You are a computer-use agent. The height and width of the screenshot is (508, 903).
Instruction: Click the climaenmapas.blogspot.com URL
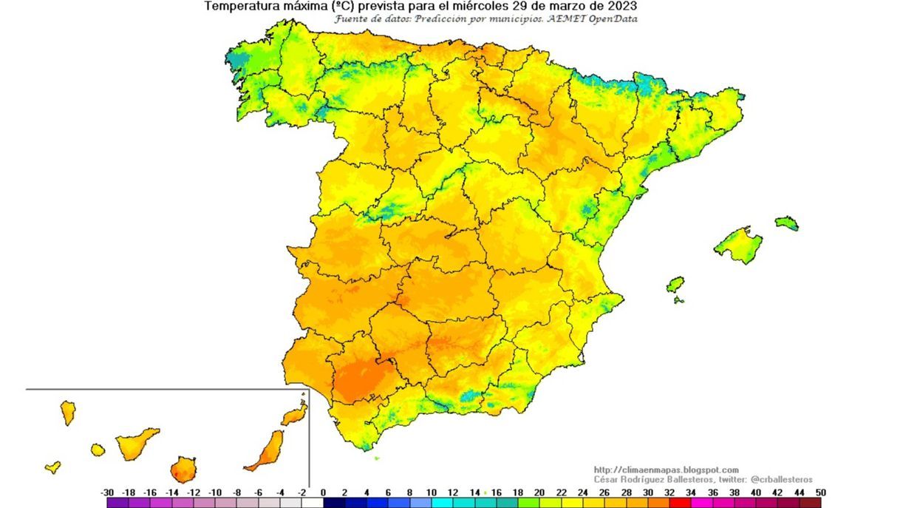(x=666, y=470)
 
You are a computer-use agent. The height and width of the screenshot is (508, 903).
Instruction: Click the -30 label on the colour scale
(x=107, y=492)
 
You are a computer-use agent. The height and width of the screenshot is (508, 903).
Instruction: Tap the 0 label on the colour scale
(x=323, y=492)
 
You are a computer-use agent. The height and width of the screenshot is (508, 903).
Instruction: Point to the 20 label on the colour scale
(x=539, y=492)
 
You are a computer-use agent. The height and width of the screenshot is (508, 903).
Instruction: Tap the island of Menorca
(x=787, y=223)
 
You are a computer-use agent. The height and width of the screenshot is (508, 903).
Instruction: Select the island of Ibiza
(x=675, y=285)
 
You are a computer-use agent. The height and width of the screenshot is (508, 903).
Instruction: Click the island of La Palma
(x=68, y=412)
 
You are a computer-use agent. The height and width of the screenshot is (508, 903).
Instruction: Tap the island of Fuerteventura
(x=267, y=450)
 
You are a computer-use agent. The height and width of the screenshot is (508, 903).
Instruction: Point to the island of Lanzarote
(x=295, y=413)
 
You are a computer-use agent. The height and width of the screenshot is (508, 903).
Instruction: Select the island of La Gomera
(x=98, y=449)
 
